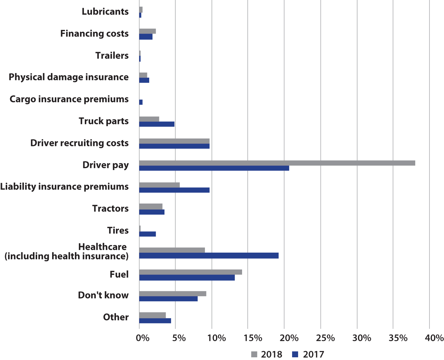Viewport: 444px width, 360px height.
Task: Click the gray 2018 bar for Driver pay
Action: (x=277, y=163)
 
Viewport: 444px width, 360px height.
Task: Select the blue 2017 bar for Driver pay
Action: (x=214, y=168)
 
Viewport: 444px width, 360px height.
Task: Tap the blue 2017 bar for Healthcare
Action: (x=209, y=256)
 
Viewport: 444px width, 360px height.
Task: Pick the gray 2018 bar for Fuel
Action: (x=191, y=272)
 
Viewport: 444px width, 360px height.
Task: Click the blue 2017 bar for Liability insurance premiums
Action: (x=174, y=190)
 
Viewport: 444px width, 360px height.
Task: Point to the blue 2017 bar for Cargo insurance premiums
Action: (x=141, y=102)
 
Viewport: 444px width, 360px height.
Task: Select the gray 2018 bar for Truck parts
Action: (x=149, y=119)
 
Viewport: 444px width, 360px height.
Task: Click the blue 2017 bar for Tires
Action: (x=147, y=234)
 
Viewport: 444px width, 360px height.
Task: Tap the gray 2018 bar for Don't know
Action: (x=173, y=294)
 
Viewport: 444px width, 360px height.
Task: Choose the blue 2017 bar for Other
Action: (x=155, y=321)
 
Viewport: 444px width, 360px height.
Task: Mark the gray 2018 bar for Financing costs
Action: (x=147, y=31)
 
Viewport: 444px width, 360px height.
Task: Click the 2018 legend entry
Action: (x=267, y=354)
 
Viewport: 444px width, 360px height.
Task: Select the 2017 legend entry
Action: (x=308, y=354)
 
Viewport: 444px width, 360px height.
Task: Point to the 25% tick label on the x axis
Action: (x=325, y=338)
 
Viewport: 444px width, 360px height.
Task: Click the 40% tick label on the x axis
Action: (x=434, y=338)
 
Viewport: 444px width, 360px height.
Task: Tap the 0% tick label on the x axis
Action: (x=143, y=338)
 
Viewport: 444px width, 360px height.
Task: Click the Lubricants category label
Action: (x=105, y=12)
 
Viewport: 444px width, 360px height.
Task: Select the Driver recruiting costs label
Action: (x=79, y=143)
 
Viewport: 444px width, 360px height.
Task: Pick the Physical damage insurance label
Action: (x=69, y=77)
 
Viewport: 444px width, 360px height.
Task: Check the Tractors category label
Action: (x=110, y=208)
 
